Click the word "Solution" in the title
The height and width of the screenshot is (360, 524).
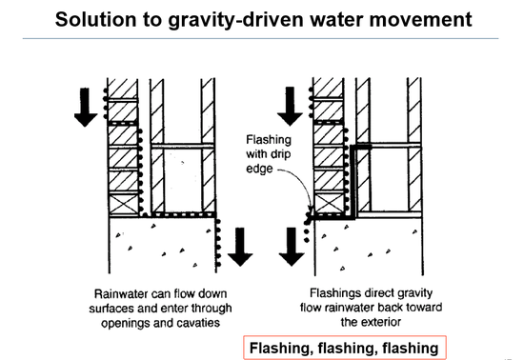96,19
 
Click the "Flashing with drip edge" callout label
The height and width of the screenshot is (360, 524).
269,154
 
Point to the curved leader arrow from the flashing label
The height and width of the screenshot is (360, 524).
303,182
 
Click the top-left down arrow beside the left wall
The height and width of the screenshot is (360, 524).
86,108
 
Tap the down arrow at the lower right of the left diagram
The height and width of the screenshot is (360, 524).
240,247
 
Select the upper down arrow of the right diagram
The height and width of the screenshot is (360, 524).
290,107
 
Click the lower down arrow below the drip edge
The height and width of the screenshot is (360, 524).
292,247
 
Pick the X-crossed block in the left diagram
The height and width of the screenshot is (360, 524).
123,204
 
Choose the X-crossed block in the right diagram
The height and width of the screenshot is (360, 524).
329,203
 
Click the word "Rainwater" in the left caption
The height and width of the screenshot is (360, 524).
120,294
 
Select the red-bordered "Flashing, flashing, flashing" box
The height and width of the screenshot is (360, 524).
345,348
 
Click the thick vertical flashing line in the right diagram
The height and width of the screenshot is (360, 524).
353,181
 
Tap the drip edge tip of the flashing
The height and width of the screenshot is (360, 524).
308,221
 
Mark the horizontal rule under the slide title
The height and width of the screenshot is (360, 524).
260,39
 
